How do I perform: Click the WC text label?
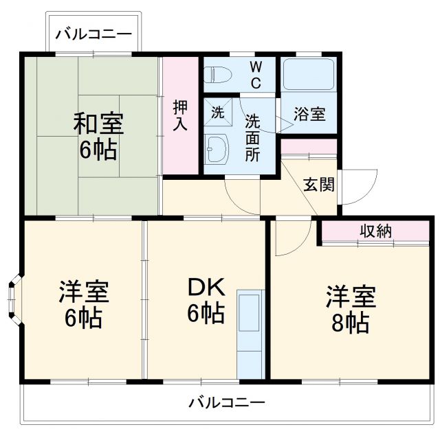(x=255, y=75)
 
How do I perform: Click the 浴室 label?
(x=309, y=115)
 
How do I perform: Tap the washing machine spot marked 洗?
(x=217, y=113)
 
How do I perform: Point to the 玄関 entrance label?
(x=319, y=184)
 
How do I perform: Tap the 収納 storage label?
(x=375, y=231)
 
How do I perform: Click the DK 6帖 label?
(x=206, y=302)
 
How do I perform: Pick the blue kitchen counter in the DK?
(x=250, y=332)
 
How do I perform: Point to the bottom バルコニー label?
(x=226, y=402)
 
